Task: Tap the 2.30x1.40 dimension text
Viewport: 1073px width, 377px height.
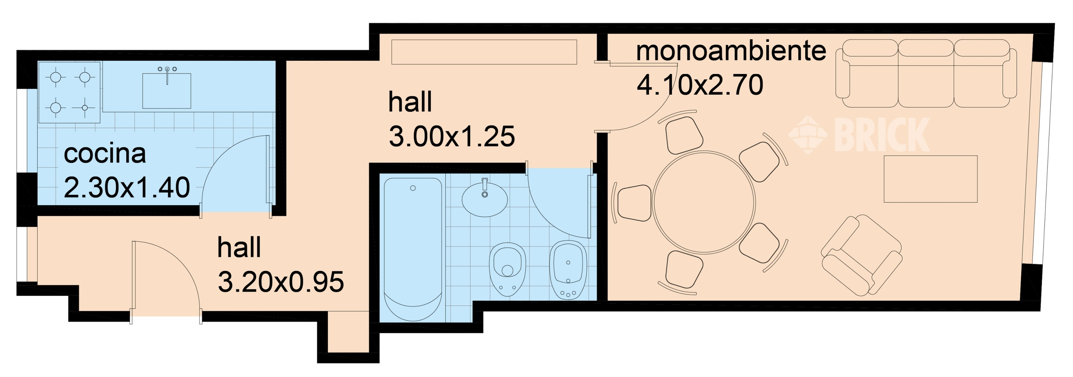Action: [x=127, y=187]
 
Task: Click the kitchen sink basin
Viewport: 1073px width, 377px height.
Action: [x=167, y=91]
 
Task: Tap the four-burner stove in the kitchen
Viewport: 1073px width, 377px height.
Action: [x=70, y=92]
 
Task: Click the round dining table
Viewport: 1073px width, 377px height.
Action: [x=704, y=203]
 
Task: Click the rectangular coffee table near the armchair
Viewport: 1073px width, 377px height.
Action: [x=931, y=179]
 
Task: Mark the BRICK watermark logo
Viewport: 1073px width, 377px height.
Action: [x=859, y=134]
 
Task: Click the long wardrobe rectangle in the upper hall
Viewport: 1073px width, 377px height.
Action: [x=484, y=52]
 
